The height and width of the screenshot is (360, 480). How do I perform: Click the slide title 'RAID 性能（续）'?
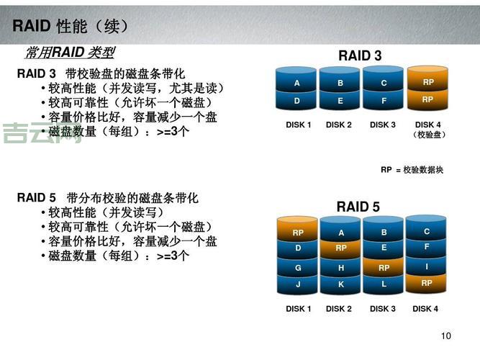pyautogui.click(x=71, y=27)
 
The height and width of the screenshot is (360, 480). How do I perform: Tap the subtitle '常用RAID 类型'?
pyautogui.click(x=70, y=53)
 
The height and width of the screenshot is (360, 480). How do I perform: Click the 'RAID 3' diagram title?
pyautogui.click(x=360, y=56)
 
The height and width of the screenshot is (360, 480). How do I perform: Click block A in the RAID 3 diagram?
pyautogui.click(x=296, y=84)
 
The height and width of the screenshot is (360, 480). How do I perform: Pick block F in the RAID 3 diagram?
pyautogui.click(x=384, y=101)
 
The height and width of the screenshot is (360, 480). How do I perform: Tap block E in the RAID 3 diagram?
pyautogui.click(x=340, y=101)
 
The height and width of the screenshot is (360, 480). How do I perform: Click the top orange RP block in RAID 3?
pyautogui.click(x=428, y=82)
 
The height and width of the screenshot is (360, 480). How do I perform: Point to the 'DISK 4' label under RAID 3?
pyautogui.click(x=428, y=125)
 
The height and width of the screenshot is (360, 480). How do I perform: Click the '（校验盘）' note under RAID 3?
pyautogui.click(x=429, y=135)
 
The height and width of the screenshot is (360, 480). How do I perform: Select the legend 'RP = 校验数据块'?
pyautogui.click(x=412, y=170)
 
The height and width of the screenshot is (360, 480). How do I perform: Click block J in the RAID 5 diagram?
pyautogui.click(x=298, y=284)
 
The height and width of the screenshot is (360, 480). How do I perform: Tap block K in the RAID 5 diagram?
pyautogui.click(x=341, y=284)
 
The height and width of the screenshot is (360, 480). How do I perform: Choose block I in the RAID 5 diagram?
pyautogui.click(x=427, y=266)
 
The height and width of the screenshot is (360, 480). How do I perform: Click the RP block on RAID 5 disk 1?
pyautogui.click(x=298, y=233)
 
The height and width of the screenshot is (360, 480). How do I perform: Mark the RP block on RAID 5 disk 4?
pyautogui.click(x=427, y=283)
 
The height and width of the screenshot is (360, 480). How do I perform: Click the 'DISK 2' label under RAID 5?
pyautogui.click(x=339, y=309)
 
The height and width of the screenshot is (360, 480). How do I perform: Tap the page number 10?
pyautogui.click(x=445, y=336)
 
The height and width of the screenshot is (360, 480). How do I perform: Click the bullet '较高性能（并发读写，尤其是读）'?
pyautogui.click(x=136, y=89)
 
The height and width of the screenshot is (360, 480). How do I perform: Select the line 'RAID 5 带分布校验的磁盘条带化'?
pyautogui.click(x=107, y=198)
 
